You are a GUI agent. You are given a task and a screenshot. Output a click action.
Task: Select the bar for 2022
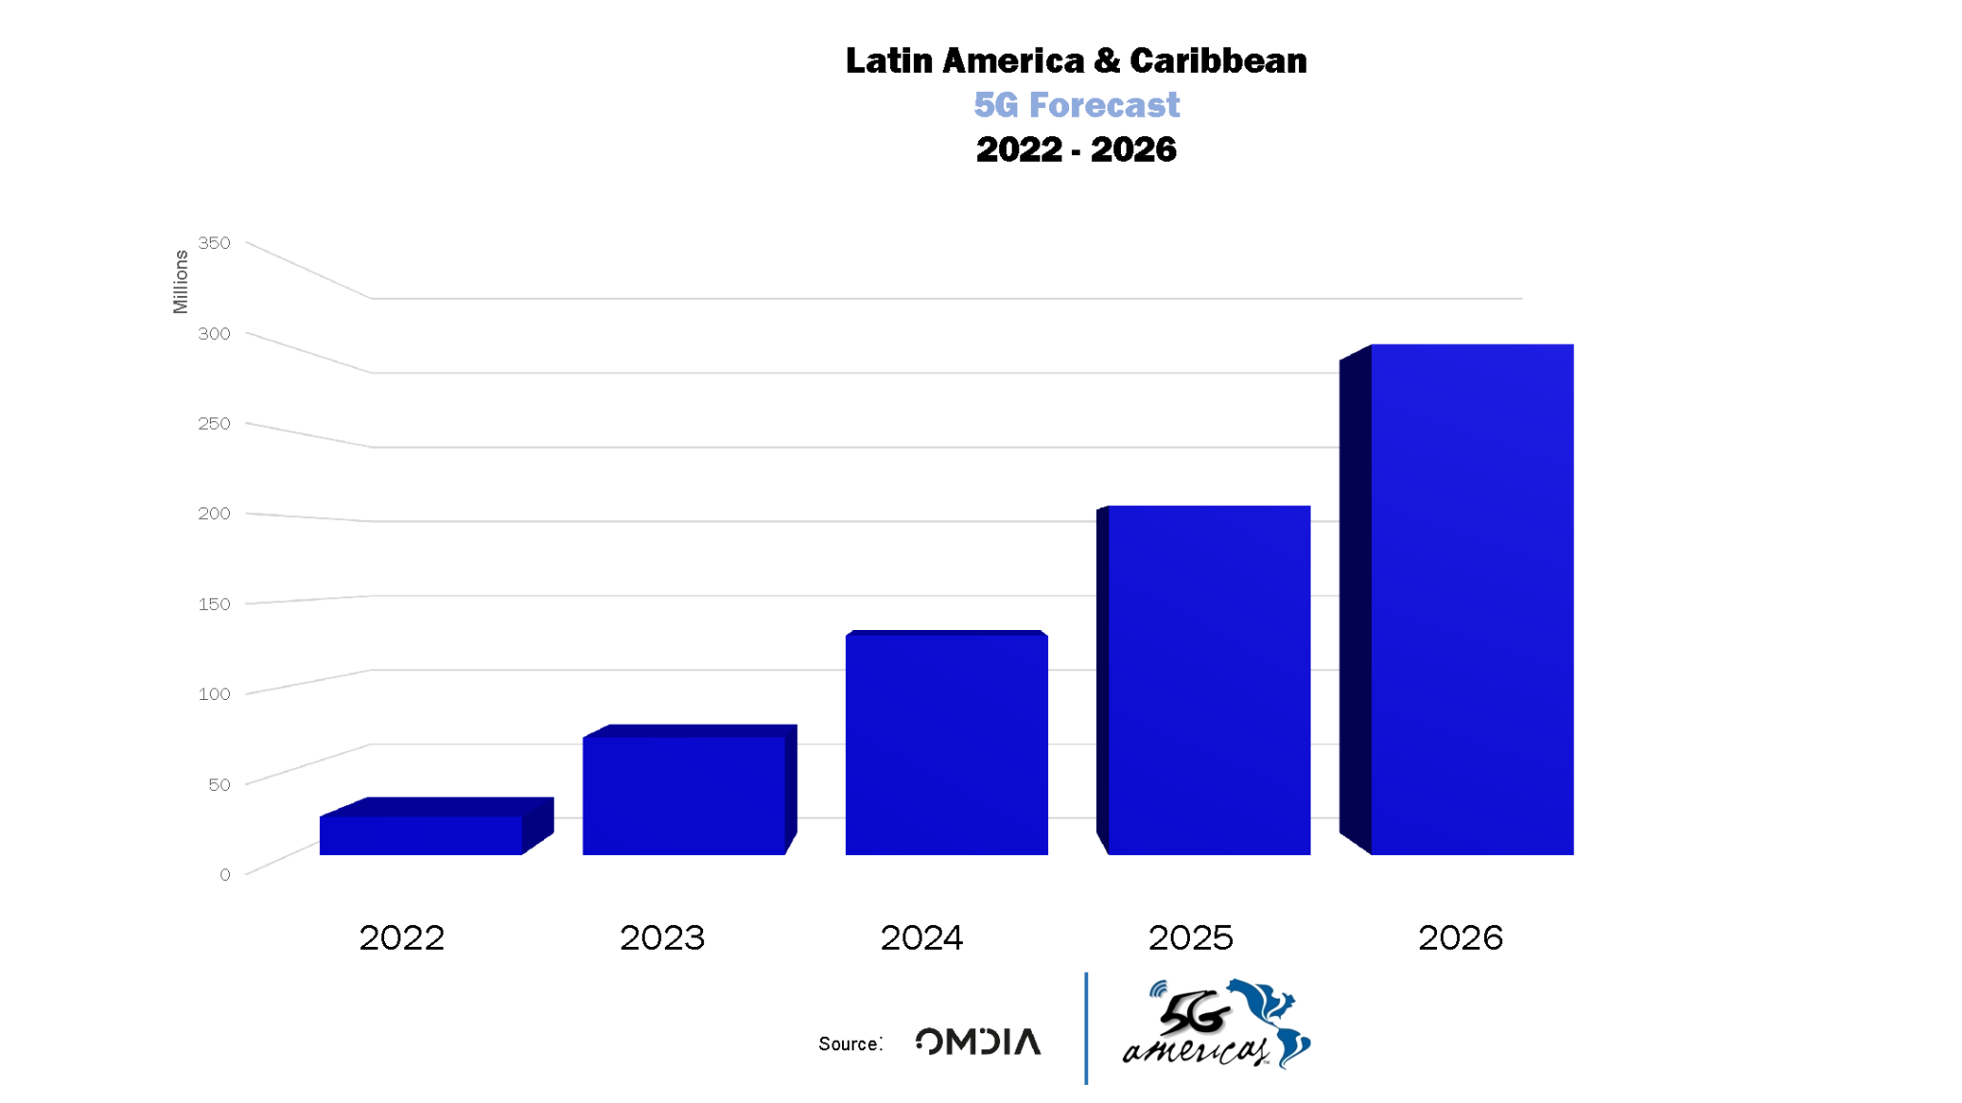422,835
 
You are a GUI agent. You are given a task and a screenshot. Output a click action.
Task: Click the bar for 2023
684,795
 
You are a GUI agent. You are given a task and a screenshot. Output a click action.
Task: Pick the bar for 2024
947,745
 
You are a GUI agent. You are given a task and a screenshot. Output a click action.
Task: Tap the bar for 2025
1209,680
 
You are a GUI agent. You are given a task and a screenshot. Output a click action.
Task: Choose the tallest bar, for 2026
1471,599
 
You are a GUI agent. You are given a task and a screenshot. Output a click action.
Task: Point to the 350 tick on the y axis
215,243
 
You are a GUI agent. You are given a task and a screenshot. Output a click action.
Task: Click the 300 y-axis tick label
215,334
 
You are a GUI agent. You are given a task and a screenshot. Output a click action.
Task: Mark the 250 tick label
215,424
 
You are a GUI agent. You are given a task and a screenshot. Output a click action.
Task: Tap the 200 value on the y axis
215,514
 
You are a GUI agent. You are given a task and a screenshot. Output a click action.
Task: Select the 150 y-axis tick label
215,604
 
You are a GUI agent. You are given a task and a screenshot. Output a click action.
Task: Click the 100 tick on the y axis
215,694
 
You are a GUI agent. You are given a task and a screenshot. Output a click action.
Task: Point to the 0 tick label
225,875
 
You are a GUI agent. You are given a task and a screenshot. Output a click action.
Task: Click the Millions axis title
181,281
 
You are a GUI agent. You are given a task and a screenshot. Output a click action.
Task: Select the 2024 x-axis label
922,938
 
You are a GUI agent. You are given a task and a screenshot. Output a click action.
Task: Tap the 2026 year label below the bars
1460,938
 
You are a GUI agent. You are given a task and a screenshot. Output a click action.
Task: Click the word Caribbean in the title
1218,61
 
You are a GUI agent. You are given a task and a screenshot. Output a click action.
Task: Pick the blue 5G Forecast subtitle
1077,105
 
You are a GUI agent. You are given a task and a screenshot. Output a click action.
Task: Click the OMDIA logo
978,1042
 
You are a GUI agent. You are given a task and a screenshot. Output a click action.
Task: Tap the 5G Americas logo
1217,1024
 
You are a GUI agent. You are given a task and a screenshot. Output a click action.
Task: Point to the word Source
849,1045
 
